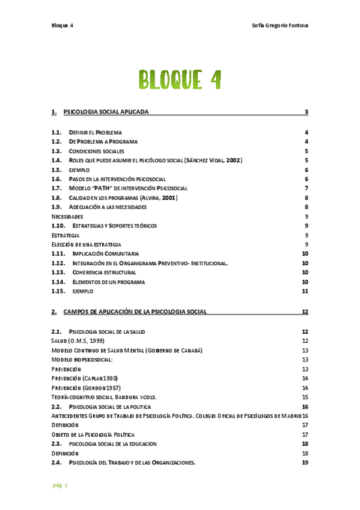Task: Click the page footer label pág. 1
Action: tap(59, 485)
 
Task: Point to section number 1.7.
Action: tap(56, 188)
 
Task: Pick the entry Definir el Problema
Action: tap(96, 132)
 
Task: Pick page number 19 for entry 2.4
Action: tap(305, 462)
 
